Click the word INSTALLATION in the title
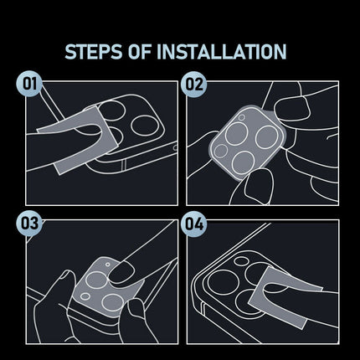click(x=222, y=51)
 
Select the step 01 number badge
click(x=29, y=84)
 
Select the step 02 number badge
click(x=193, y=84)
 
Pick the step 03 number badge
click(x=29, y=224)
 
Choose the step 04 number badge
click(x=193, y=224)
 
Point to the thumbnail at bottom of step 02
click(x=258, y=184)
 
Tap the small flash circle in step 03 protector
click(x=108, y=264)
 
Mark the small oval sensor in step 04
click(x=241, y=261)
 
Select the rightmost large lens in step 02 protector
click(x=267, y=137)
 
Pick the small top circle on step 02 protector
click(x=242, y=117)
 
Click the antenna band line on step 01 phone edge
click(x=125, y=165)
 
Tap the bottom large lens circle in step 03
click(x=112, y=302)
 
